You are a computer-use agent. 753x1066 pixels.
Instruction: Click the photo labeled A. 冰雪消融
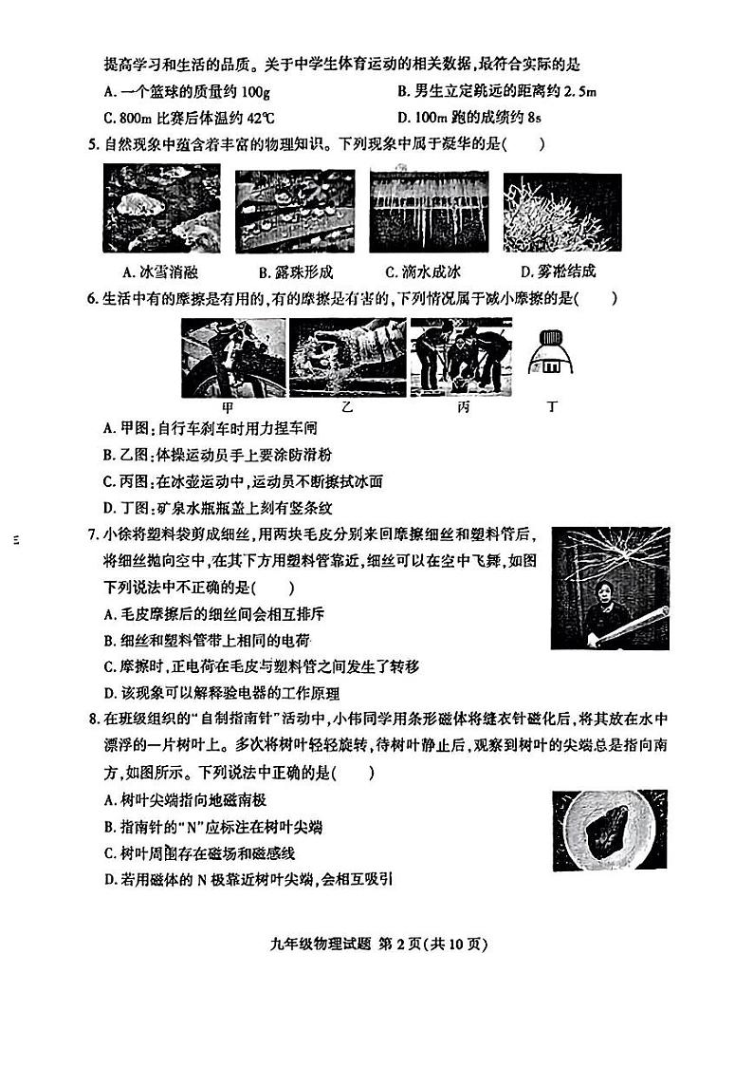[161, 208]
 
